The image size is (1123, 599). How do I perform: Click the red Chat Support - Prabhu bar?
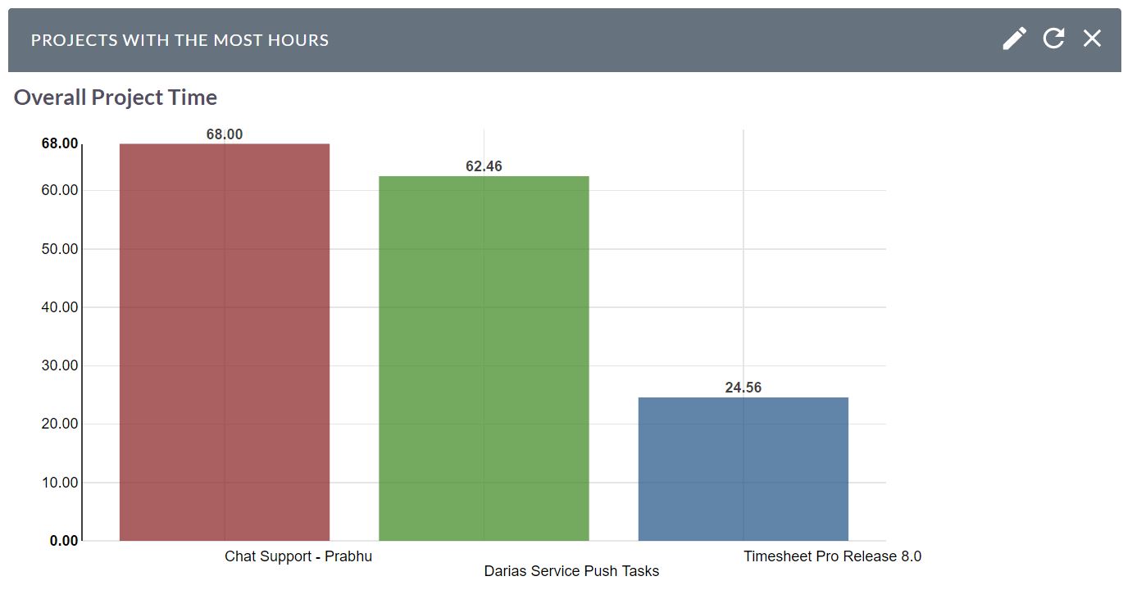pyautogui.click(x=225, y=342)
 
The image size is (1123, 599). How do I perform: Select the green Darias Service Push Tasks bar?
pyautogui.click(x=484, y=358)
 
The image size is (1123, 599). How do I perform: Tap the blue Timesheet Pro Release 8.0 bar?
pyautogui.click(x=743, y=469)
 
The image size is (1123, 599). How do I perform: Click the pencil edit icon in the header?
pyautogui.click(x=1014, y=39)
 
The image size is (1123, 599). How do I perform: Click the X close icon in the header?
pyautogui.click(x=1092, y=39)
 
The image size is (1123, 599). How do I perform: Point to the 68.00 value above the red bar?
pyautogui.click(x=225, y=134)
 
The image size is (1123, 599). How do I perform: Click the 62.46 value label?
pyautogui.click(x=484, y=166)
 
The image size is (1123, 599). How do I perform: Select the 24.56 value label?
pyautogui.click(x=743, y=388)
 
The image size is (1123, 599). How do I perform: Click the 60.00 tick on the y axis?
pyautogui.click(x=60, y=190)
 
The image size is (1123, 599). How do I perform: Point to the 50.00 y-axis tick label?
pyautogui.click(x=60, y=249)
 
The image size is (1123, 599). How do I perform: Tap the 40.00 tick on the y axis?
pyautogui.click(x=60, y=307)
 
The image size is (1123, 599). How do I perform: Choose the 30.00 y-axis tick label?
pyautogui.click(x=60, y=365)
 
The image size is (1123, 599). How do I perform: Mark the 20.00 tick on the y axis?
pyautogui.click(x=60, y=424)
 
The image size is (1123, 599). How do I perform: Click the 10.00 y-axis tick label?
pyautogui.click(x=60, y=483)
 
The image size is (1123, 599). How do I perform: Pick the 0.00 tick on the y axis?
pyautogui.click(x=64, y=541)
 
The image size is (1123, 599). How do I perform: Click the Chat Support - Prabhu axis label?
pyautogui.click(x=298, y=556)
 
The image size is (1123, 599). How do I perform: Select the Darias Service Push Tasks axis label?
pyautogui.click(x=571, y=571)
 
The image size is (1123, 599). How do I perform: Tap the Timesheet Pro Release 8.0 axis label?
pyautogui.click(x=832, y=556)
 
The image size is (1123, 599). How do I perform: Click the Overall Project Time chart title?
pyautogui.click(x=116, y=98)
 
